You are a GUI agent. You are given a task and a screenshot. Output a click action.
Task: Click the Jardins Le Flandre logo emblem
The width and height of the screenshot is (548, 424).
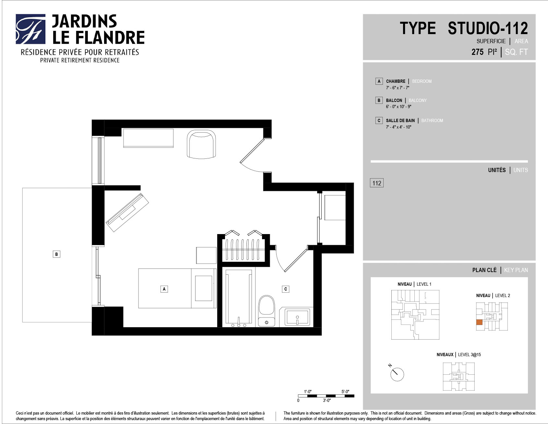pyautogui.click(x=30, y=29)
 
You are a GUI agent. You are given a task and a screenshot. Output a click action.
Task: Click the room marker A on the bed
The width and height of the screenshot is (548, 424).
pyautogui.click(x=164, y=289)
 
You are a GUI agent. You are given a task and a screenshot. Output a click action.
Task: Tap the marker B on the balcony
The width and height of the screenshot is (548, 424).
pyautogui.click(x=56, y=254)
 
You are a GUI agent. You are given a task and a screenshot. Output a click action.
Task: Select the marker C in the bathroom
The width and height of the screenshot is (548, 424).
pyautogui.click(x=286, y=289)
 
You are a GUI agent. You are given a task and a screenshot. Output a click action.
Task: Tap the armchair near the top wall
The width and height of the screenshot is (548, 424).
pyautogui.click(x=201, y=144)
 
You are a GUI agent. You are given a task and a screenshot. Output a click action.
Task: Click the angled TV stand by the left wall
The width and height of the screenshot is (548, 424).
pyautogui.click(x=127, y=212)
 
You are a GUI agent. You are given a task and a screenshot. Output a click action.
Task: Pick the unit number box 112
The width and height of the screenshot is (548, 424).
pyautogui.click(x=377, y=183)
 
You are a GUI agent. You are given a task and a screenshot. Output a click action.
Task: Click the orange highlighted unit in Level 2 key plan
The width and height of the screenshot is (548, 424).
pyautogui.click(x=479, y=322)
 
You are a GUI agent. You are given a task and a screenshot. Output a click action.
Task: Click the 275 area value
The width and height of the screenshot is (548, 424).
pyautogui.click(x=477, y=52)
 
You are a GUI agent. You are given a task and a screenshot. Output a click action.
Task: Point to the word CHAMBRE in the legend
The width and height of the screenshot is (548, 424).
pyautogui.click(x=396, y=81)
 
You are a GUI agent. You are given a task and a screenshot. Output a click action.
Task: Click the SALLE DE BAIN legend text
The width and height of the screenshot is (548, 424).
pyautogui.click(x=400, y=120)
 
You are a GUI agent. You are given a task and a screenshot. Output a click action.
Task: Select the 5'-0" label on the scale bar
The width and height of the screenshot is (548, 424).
pyautogui.click(x=345, y=392)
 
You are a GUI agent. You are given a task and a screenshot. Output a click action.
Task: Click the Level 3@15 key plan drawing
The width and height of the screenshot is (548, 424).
pyautogui.click(x=459, y=377)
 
